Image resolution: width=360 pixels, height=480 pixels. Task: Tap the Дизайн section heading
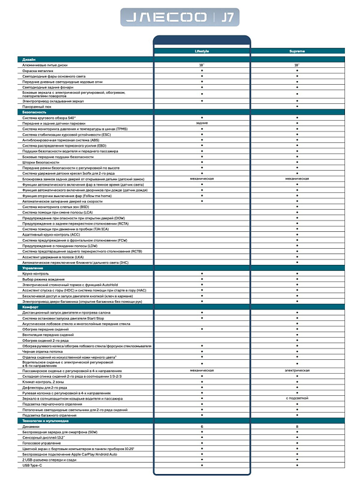click(29, 59)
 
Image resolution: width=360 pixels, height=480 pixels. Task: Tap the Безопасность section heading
click(34, 112)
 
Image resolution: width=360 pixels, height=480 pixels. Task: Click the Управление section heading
click(32, 267)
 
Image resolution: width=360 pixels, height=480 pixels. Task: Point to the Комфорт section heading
click(31, 306)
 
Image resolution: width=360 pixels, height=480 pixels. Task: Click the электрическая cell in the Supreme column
click(297, 371)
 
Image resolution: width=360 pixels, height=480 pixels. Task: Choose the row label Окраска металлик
click(40, 70)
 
